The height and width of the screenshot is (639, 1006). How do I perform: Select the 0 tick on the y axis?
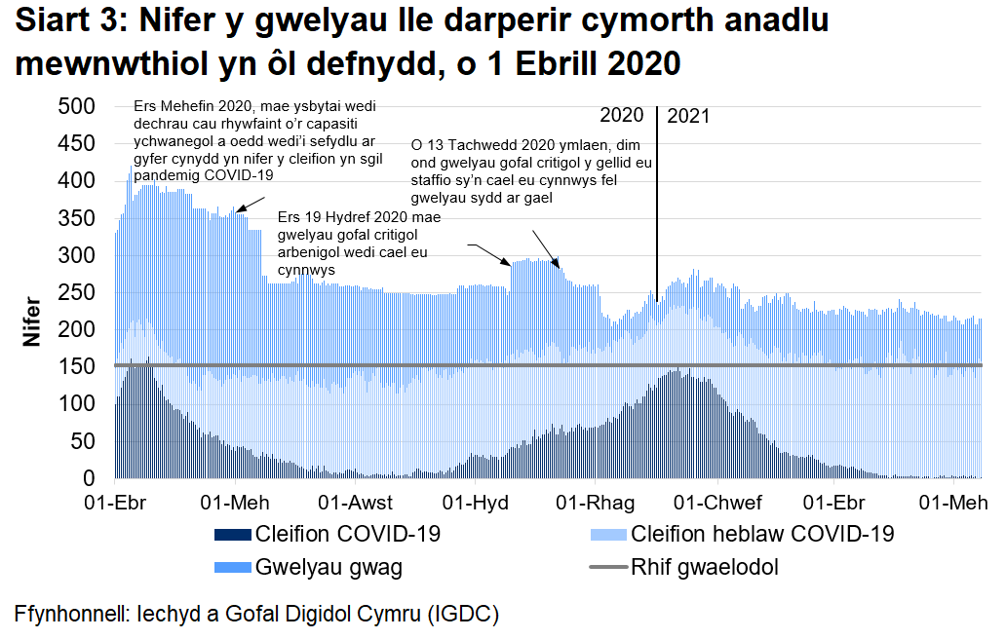click(88, 478)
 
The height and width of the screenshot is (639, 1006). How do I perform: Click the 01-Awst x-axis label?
click(356, 503)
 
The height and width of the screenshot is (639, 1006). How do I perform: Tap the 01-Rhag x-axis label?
click(595, 503)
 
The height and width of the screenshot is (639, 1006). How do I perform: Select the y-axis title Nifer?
click(33, 322)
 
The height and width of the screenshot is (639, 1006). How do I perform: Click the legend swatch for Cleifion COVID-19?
click(231, 535)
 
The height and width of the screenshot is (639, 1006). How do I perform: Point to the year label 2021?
click(688, 116)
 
